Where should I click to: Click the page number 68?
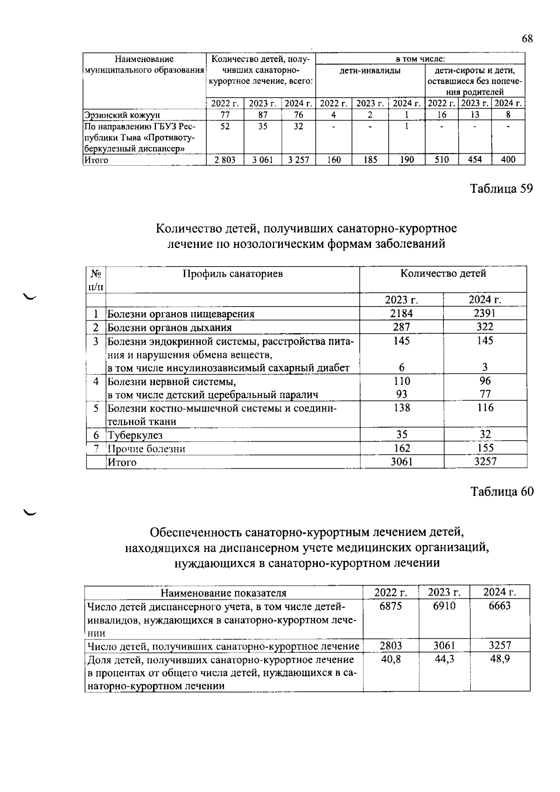coord(527,39)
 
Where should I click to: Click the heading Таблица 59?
coord(501,189)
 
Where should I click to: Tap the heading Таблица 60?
coord(502,491)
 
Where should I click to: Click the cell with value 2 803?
coord(225,160)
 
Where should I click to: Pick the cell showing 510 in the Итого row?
coord(441,160)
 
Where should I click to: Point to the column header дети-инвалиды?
coord(370,70)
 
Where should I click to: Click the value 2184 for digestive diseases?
coord(401,313)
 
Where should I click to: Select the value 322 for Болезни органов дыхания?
coord(485,327)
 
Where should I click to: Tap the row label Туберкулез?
coord(135,435)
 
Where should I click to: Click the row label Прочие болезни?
coord(147,449)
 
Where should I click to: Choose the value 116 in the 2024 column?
coord(485,407)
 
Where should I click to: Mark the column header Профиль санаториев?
coord(232,273)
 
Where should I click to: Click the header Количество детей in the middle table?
coord(443,273)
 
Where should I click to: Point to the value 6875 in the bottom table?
coord(391,605)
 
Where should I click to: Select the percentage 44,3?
coord(444,659)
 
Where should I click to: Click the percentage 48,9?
coord(499,659)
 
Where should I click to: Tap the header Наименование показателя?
coord(224,593)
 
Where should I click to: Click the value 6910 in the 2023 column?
coord(444,605)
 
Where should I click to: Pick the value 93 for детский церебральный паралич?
coord(401,394)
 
